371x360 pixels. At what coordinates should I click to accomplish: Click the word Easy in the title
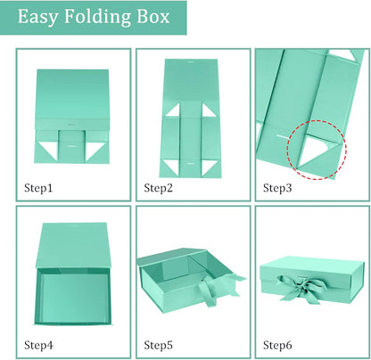37,17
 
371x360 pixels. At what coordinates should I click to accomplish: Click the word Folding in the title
97,17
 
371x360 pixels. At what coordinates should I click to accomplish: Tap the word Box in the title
153,17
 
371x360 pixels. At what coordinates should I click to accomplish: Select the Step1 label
38,188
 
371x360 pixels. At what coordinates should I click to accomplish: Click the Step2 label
158,188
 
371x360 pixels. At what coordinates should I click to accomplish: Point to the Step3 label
277,188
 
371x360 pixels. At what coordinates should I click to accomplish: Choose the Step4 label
38,345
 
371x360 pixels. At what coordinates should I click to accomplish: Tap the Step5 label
158,345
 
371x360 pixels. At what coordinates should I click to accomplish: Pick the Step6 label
277,345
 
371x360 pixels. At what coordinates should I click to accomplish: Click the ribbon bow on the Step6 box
301,288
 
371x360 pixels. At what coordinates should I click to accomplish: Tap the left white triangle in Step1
48,150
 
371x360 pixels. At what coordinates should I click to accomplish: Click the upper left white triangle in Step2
174,110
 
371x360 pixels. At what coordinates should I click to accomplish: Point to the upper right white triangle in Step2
208,110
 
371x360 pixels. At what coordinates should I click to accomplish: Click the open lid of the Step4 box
73,245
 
